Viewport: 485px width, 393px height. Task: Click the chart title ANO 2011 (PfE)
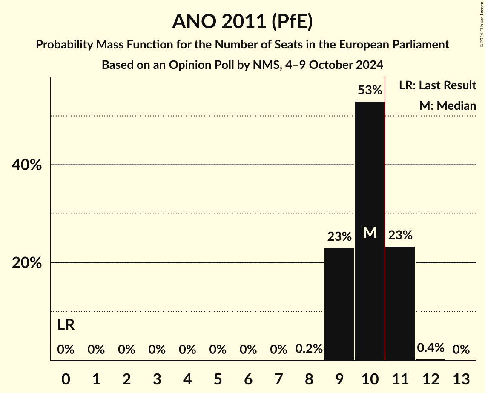[242, 21]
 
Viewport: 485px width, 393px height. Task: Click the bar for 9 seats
[339, 304]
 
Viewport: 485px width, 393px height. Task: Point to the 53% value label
[370, 90]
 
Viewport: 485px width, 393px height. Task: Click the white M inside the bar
[370, 232]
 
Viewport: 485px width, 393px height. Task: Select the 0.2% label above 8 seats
[309, 349]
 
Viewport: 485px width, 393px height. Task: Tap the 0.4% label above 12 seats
[430, 347]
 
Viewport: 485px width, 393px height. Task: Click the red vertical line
[385, 213]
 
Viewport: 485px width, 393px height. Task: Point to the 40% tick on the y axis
[27, 165]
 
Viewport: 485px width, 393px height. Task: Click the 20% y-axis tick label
[27, 263]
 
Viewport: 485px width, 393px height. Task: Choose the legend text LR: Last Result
[437, 85]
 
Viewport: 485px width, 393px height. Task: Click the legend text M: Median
[448, 105]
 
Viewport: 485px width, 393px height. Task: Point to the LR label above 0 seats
[66, 325]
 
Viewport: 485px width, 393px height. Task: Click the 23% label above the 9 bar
[339, 236]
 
